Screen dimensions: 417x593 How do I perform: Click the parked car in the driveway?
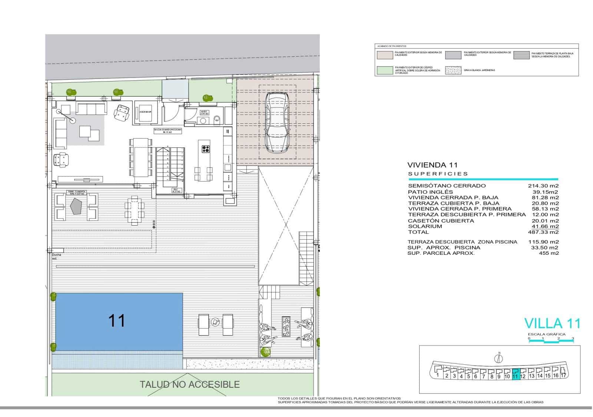point(277,122)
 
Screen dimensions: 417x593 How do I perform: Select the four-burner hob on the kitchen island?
point(206,149)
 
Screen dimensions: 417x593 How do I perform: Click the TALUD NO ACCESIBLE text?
point(189,384)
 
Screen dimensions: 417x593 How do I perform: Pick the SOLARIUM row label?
point(425,226)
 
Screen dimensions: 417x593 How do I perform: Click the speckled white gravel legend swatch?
point(453,70)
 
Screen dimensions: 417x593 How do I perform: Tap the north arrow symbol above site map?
point(499,358)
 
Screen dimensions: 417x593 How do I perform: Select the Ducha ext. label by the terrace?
point(56,256)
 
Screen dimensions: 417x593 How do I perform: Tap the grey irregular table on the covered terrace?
point(77,205)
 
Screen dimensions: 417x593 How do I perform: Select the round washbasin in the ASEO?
point(203,120)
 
